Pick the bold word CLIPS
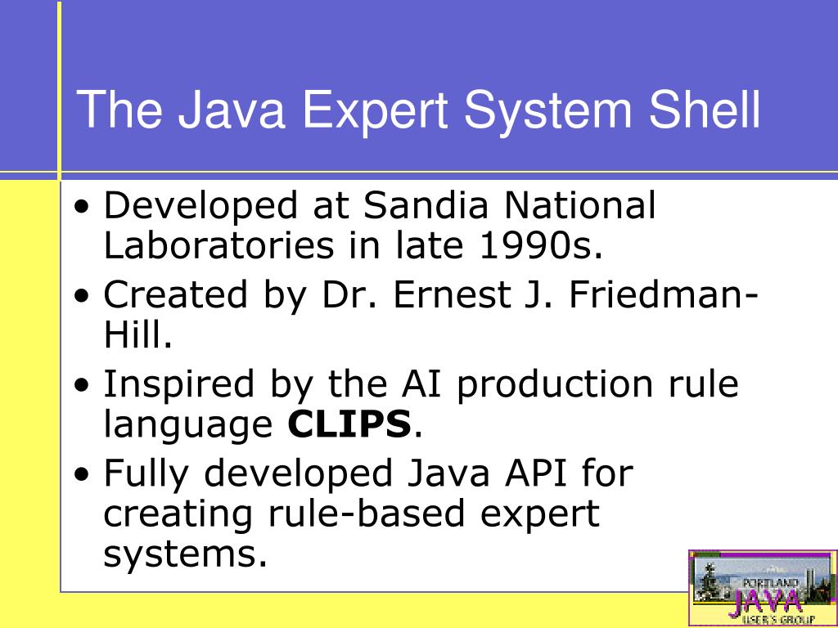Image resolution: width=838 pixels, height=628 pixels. tap(349, 424)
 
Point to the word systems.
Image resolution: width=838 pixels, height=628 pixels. tap(185, 555)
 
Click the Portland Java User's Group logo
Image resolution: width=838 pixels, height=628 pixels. tap(762, 588)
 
